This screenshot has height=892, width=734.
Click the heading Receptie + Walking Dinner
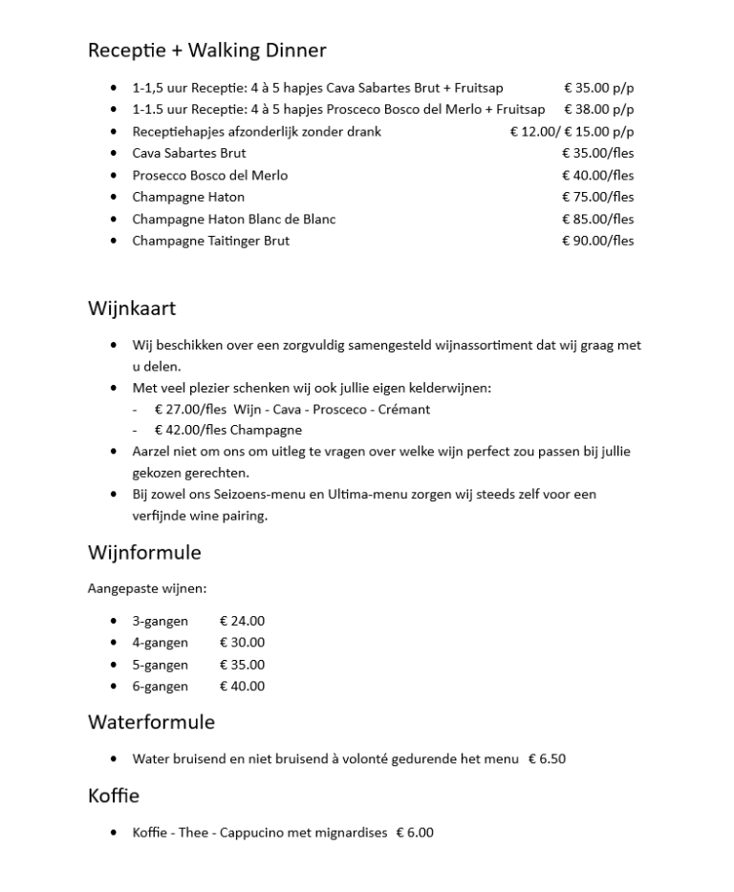pyautogui.click(x=206, y=51)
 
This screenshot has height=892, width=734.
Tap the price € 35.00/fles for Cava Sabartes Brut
pyautogui.click(x=597, y=153)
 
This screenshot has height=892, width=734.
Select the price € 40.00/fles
pyautogui.click(x=597, y=175)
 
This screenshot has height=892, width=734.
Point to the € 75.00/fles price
pyautogui.click(x=597, y=197)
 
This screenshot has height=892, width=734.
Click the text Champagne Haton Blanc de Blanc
pyautogui.click(x=234, y=219)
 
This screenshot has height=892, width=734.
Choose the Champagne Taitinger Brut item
pyautogui.click(x=210, y=241)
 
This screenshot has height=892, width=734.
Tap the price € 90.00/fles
pyautogui.click(x=597, y=241)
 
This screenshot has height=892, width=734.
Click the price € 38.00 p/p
pyautogui.click(x=598, y=109)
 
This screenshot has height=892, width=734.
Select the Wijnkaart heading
pyautogui.click(x=132, y=308)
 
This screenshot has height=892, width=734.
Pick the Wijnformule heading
pyautogui.click(x=144, y=553)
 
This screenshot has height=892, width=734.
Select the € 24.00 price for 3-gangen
pyautogui.click(x=242, y=621)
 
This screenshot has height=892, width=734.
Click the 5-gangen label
pyautogui.click(x=160, y=665)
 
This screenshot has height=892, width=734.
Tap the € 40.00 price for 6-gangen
pyautogui.click(x=242, y=686)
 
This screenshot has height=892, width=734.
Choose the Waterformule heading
pyautogui.click(x=151, y=721)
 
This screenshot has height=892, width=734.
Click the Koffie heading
pyautogui.click(x=114, y=796)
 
